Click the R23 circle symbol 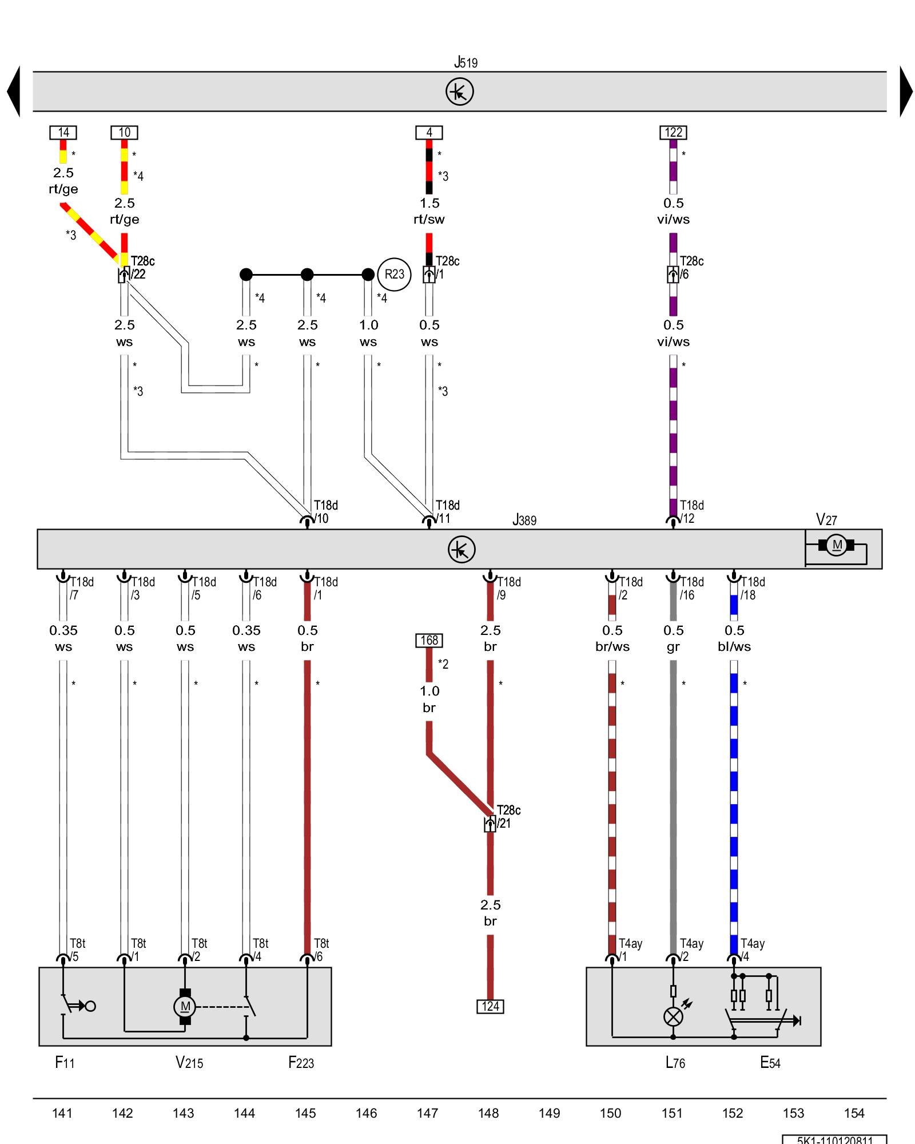394,274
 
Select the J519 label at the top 466,62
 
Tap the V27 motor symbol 837,545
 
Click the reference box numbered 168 429,640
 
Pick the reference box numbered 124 490,1006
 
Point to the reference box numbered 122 673,132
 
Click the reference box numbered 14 63,132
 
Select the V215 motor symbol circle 185,1006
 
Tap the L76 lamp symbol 673,1016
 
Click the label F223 301,1063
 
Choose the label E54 770,1063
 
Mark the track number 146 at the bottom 366,1113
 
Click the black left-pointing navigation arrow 14,92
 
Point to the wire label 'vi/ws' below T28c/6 673,341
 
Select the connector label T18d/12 691,512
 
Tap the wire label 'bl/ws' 734,646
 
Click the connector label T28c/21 508,817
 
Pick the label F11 65,1063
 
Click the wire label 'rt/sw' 429,219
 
